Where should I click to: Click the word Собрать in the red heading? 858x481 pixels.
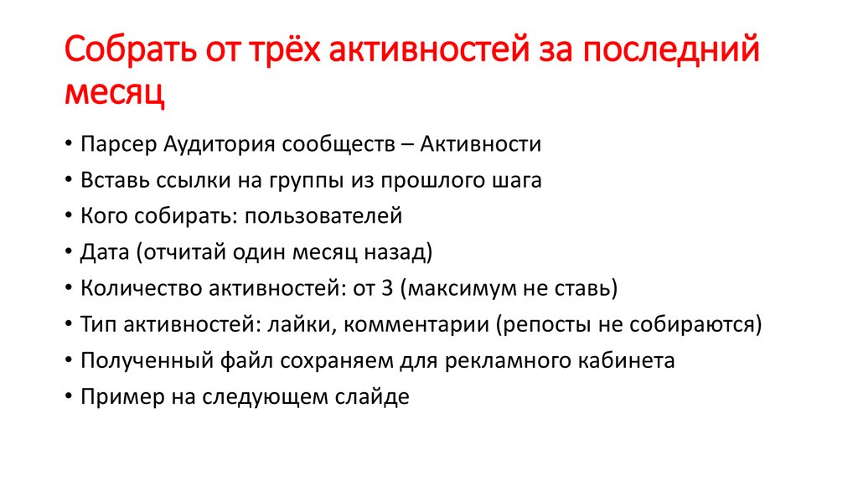[x=127, y=53]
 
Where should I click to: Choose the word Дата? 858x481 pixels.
[x=102, y=253]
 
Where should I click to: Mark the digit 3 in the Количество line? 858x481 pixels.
[x=386, y=289]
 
